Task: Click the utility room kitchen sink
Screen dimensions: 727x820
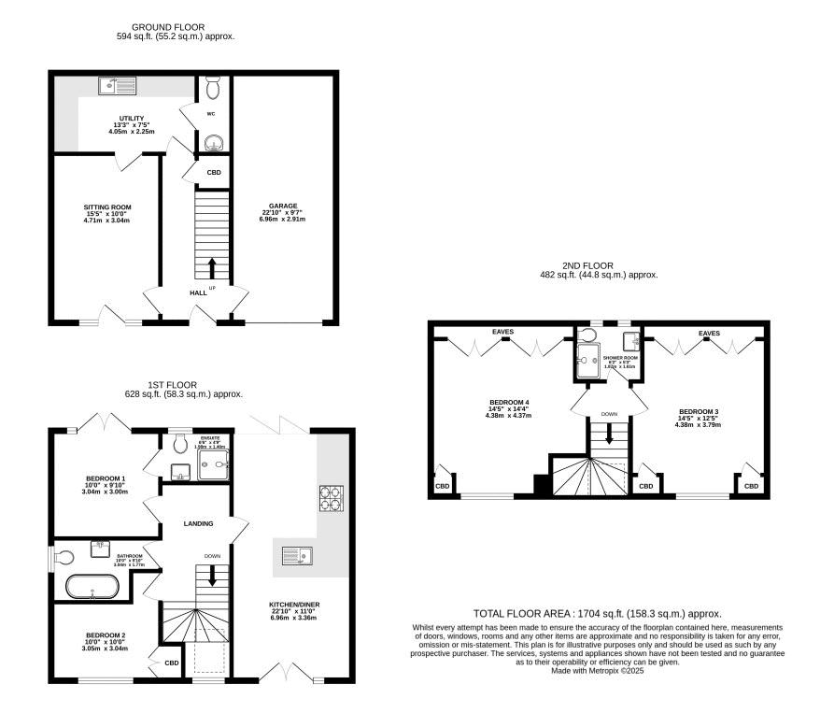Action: pos(118,87)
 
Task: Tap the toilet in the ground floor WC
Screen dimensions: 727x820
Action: pos(213,89)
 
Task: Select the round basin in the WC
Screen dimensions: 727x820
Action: pos(214,143)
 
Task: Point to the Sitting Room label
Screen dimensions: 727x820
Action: pos(107,212)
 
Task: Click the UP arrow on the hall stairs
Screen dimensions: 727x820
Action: pos(212,268)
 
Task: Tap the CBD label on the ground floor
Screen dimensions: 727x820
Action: pos(214,173)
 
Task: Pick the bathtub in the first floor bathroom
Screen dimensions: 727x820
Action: pos(92,588)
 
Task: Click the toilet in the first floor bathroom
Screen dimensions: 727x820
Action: pos(64,558)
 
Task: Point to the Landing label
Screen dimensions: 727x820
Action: pos(198,523)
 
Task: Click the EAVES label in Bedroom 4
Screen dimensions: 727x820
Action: pos(504,332)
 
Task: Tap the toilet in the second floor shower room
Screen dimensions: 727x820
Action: pos(588,335)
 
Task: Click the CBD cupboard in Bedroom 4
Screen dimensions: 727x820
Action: pos(442,486)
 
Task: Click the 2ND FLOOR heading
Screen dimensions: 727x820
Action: pos(599,264)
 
